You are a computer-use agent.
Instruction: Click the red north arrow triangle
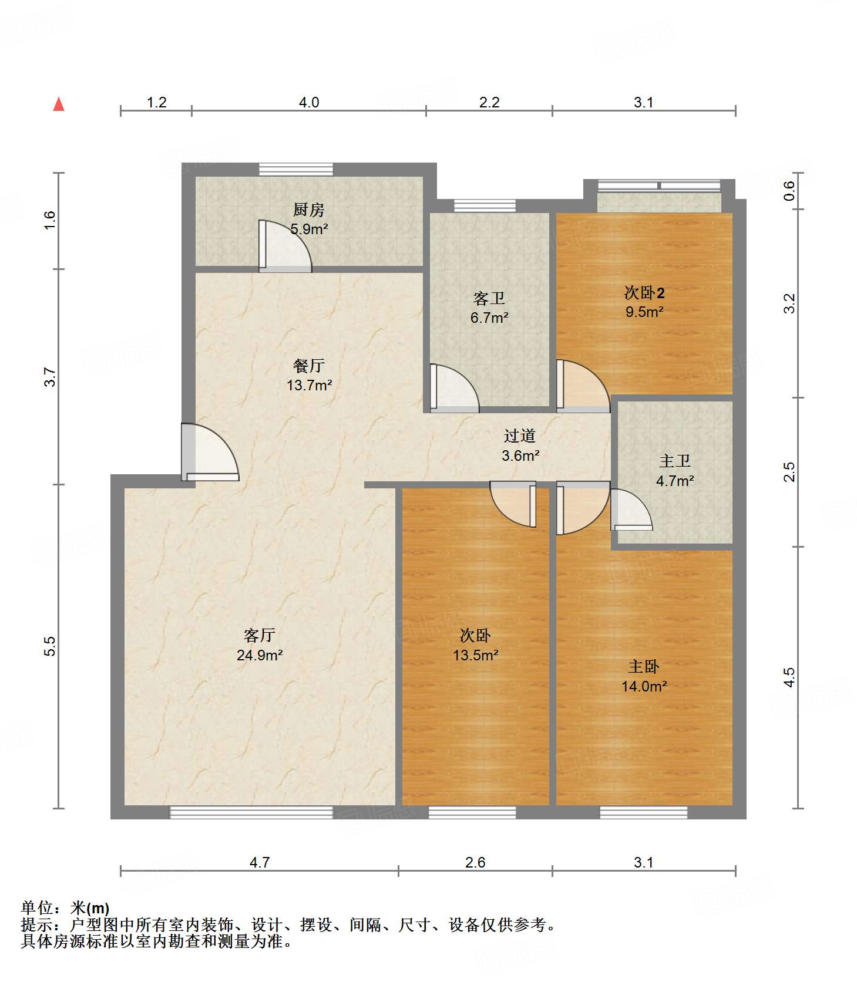(59, 104)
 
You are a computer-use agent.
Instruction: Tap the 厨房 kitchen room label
(309, 210)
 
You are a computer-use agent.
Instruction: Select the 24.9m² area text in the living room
(260, 655)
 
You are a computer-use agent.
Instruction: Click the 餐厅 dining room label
(309, 366)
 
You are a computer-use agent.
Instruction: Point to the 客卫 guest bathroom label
(489, 299)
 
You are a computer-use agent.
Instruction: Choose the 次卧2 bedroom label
(644, 292)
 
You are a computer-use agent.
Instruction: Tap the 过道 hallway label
(520, 436)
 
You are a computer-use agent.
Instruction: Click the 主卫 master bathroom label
(675, 461)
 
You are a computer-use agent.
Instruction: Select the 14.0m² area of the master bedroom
(644, 686)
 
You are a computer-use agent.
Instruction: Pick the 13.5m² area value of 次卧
(476, 655)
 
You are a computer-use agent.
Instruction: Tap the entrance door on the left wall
(210, 452)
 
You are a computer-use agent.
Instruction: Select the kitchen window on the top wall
(296, 169)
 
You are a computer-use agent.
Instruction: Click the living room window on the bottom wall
(251, 812)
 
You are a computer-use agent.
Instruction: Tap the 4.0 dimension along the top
(309, 103)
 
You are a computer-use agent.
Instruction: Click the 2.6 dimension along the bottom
(475, 862)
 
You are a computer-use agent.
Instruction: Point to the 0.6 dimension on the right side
(789, 191)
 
